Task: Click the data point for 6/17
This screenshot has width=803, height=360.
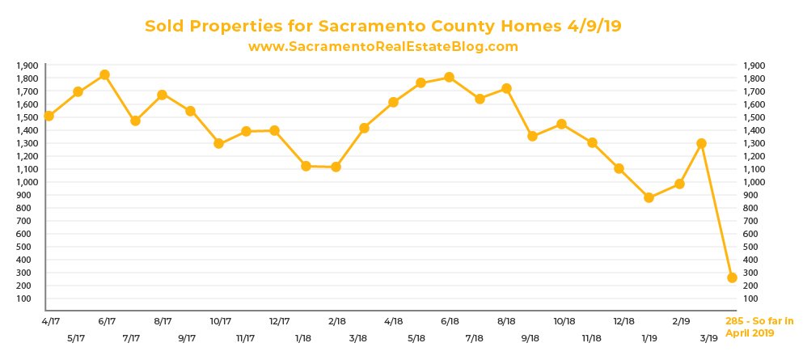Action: click(x=104, y=75)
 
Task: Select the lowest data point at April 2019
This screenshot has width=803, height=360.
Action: click(x=732, y=277)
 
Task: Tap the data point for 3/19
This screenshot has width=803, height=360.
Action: click(x=701, y=143)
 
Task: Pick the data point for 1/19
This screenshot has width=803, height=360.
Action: click(x=649, y=197)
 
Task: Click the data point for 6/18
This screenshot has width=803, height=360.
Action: click(x=450, y=77)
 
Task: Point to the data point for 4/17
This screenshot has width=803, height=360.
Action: click(x=49, y=116)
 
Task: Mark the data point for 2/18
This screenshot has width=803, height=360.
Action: click(x=336, y=167)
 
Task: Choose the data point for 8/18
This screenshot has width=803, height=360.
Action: click(x=506, y=88)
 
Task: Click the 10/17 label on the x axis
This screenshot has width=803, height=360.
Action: click(x=222, y=321)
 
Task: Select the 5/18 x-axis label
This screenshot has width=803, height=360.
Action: click(x=418, y=337)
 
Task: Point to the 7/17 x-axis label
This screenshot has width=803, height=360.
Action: click(x=132, y=337)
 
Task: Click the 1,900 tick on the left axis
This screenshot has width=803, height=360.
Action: click(x=27, y=66)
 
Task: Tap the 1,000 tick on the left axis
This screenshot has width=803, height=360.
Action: click(x=27, y=182)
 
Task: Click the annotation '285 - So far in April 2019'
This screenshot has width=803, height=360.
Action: click(x=759, y=327)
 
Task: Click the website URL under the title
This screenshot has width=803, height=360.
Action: click(x=382, y=47)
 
